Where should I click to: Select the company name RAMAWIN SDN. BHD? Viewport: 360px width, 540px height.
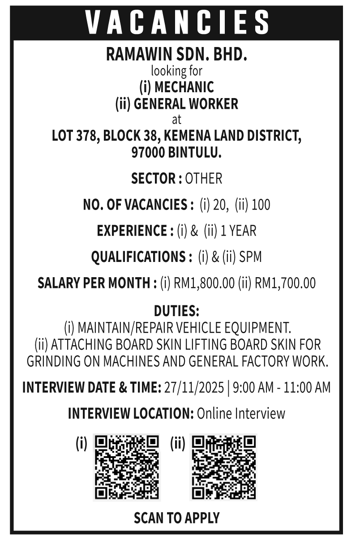pyautogui.click(x=176, y=55)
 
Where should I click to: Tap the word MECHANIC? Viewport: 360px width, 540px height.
pyautogui.click(x=184, y=86)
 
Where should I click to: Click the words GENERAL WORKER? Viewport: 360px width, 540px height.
pyautogui.click(x=186, y=104)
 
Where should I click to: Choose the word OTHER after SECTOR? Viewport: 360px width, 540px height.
pyautogui.click(x=203, y=179)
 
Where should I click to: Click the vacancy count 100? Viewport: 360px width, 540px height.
pyautogui.click(x=261, y=205)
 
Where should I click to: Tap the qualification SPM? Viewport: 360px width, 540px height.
pyautogui.click(x=250, y=257)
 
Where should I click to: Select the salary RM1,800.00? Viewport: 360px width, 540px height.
pyautogui.click(x=204, y=283)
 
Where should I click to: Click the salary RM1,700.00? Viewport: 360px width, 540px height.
pyautogui.click(x=285, y=283)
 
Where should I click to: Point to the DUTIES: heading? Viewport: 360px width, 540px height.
pyautogui.click(x=176, y=310)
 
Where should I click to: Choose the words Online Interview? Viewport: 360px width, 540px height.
pyautogui.click(x=241, y=413)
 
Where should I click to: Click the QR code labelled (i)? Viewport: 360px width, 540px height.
pyautogui.click(x=127, y=467)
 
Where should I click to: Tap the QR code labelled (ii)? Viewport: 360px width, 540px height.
pyautogui.click(x=223, y=467)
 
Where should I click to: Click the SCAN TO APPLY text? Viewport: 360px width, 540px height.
pyautogui.click(x=176, y=518)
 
